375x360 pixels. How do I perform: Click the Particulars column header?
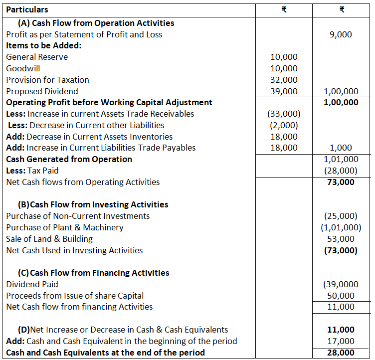coord(27,9)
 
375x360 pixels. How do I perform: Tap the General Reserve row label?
coord(37,57)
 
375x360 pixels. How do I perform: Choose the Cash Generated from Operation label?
coord(69,159)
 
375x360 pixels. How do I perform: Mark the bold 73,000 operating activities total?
coord(341,182)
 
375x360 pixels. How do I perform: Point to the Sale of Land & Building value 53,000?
coord(341,239)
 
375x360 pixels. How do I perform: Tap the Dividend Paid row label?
coord(32,284)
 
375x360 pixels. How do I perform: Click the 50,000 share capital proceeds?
coord(341,296)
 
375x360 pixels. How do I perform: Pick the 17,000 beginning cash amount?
coord(341,341)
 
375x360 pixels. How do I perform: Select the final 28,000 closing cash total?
coord(341,353)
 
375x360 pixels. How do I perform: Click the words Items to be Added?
coord(44,45)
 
